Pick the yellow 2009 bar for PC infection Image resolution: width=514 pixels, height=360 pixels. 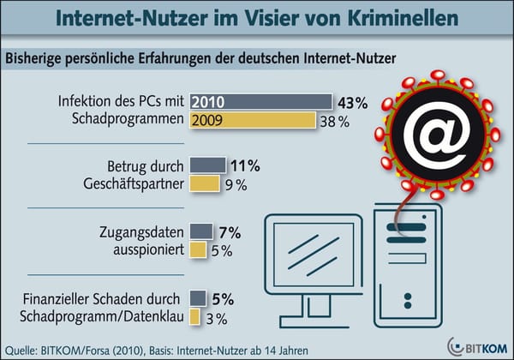[253, 121]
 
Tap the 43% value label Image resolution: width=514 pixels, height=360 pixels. [351, 103]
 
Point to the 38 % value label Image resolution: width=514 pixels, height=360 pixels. [334, 122]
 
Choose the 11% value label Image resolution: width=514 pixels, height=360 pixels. [246, 165]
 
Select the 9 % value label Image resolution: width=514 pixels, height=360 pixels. [236, 183]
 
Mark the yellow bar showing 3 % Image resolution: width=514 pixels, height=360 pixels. [194, 317]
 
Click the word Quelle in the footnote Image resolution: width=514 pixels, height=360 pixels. [23, 348]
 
